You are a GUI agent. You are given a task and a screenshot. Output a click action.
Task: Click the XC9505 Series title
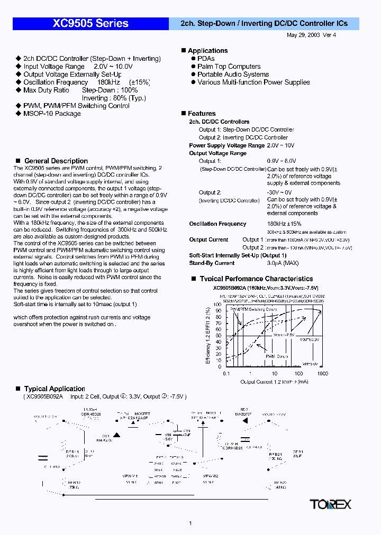point(90,23)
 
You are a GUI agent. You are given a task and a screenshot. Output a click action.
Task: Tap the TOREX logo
point(331,504)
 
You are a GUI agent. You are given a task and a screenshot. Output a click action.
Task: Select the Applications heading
point(207,51)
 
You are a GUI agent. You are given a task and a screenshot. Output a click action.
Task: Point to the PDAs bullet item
point(206,59)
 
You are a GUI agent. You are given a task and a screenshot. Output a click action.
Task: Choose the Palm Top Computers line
point(229,67)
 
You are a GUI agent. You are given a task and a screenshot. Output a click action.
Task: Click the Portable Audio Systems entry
point(233,75)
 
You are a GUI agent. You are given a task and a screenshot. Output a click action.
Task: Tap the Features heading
point(202,114)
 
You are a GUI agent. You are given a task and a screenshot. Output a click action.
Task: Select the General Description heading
point(56,161)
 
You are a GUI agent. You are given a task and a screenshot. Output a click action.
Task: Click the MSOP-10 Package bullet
point(52,114)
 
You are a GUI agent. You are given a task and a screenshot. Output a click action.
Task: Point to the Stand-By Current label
point(212,263)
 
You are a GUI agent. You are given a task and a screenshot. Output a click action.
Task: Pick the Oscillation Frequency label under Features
point(217,224)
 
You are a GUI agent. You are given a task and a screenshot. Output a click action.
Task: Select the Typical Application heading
point(55,389)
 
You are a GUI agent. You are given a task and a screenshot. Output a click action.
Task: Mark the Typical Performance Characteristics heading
point(256,279)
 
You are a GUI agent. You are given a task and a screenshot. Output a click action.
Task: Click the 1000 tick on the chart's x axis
point(322,374)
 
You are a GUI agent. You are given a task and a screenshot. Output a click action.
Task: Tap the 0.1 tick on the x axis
point(226,374)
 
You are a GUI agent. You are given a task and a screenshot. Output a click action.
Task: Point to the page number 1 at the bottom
point(190,523)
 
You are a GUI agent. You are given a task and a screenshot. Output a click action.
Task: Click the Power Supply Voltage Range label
point(226,145)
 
